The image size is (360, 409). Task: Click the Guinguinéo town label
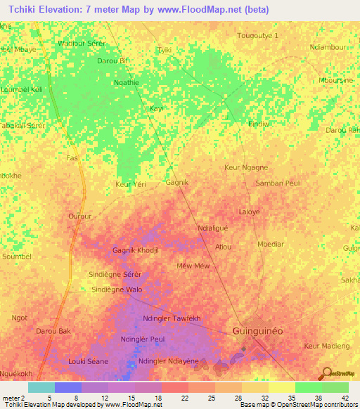[x=261, y=331]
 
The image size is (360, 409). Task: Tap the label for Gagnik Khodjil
[x=137, y=250]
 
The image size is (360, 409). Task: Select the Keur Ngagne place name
[x=245, y=167]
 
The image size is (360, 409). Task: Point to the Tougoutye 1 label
[x=258, y=35]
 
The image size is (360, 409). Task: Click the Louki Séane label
[x=87, y=361]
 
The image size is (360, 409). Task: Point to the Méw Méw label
[x=193, y=266]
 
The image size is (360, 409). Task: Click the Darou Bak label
[x=53, y=330]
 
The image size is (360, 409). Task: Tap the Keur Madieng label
[x=326, y=346]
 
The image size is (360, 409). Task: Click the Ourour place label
[x=80, y=216]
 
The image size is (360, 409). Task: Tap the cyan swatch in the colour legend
[x=41, y=387]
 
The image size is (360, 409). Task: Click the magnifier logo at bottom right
[x=326, y=373]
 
